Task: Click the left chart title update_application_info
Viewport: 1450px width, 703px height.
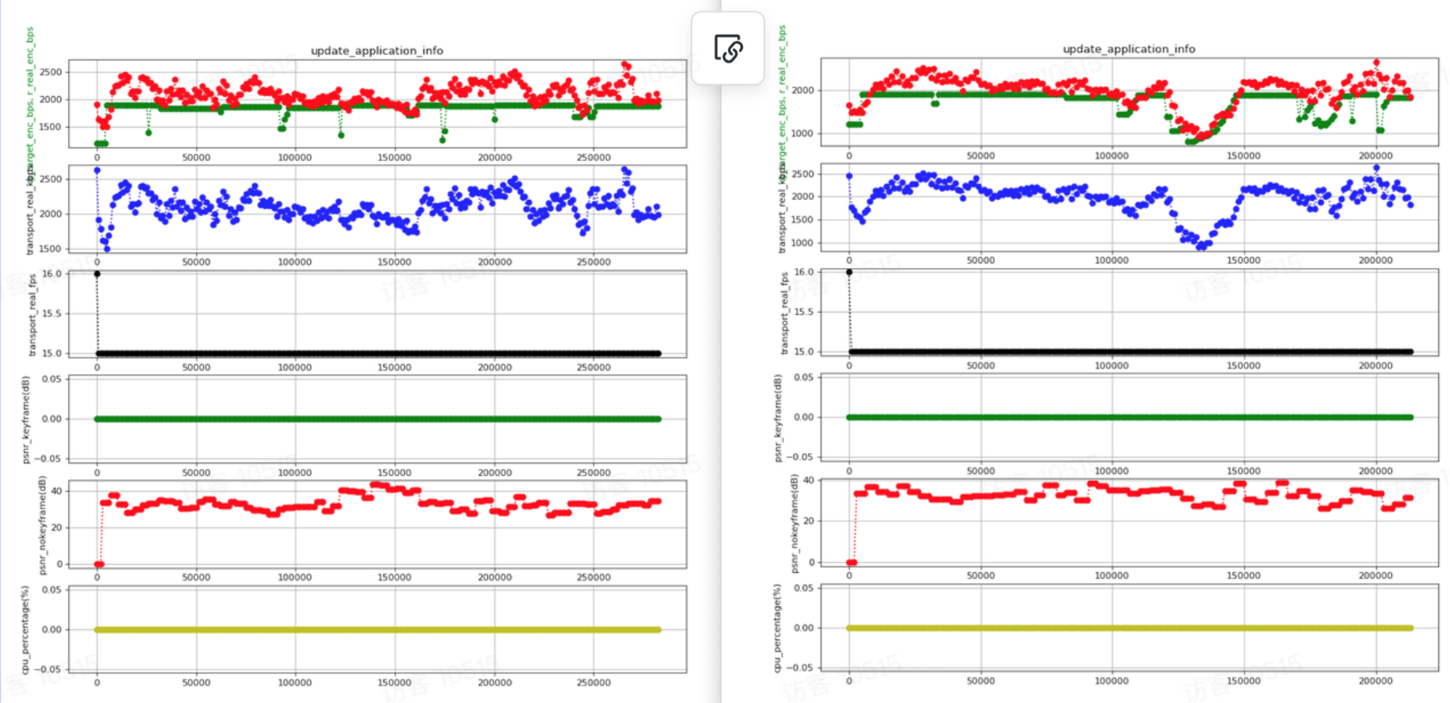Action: pos(376,51)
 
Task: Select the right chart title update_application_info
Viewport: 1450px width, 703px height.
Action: pos(1128,49)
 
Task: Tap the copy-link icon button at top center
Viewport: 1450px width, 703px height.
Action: pos(728,48)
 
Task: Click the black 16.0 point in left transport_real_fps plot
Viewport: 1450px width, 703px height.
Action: pos(97,274)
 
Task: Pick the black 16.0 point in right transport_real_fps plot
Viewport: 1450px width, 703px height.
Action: pos(849,272)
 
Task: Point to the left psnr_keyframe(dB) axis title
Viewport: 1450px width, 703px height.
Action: pos(26,419)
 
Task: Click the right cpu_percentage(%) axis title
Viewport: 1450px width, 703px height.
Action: pos(777,628)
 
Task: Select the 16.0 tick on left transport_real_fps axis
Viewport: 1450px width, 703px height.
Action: pos(52,274)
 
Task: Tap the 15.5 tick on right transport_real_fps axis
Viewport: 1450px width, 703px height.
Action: pos(803,312)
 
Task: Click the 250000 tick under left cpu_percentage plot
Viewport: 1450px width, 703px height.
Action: pos(594,682)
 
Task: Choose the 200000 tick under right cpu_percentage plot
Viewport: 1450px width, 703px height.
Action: pos(1375,681)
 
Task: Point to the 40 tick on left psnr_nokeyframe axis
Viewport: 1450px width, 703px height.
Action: pos(56,491)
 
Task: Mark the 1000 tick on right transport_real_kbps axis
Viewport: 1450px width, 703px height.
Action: pos(802,244)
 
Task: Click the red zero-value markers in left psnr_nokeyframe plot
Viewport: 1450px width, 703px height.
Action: pos(99,564)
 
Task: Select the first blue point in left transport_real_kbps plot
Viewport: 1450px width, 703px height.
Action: pos(97,171)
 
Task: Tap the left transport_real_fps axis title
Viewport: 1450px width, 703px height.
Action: pos(33,313)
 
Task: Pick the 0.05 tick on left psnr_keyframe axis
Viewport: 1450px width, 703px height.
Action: pos(52,379)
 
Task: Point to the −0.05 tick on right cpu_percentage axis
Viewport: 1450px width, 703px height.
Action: pos(800,667)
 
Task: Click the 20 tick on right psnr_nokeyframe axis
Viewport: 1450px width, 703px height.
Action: pos(808,521)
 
